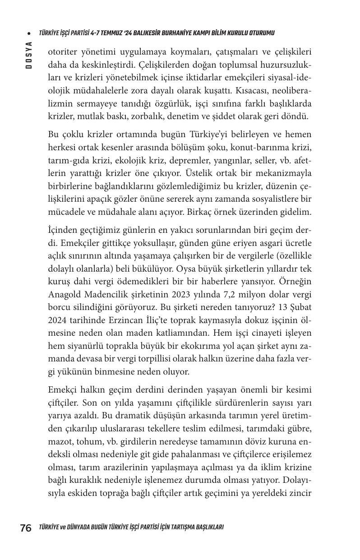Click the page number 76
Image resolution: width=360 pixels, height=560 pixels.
[x=25, y=528]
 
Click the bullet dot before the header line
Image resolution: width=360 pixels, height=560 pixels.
[x=29, y=33]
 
